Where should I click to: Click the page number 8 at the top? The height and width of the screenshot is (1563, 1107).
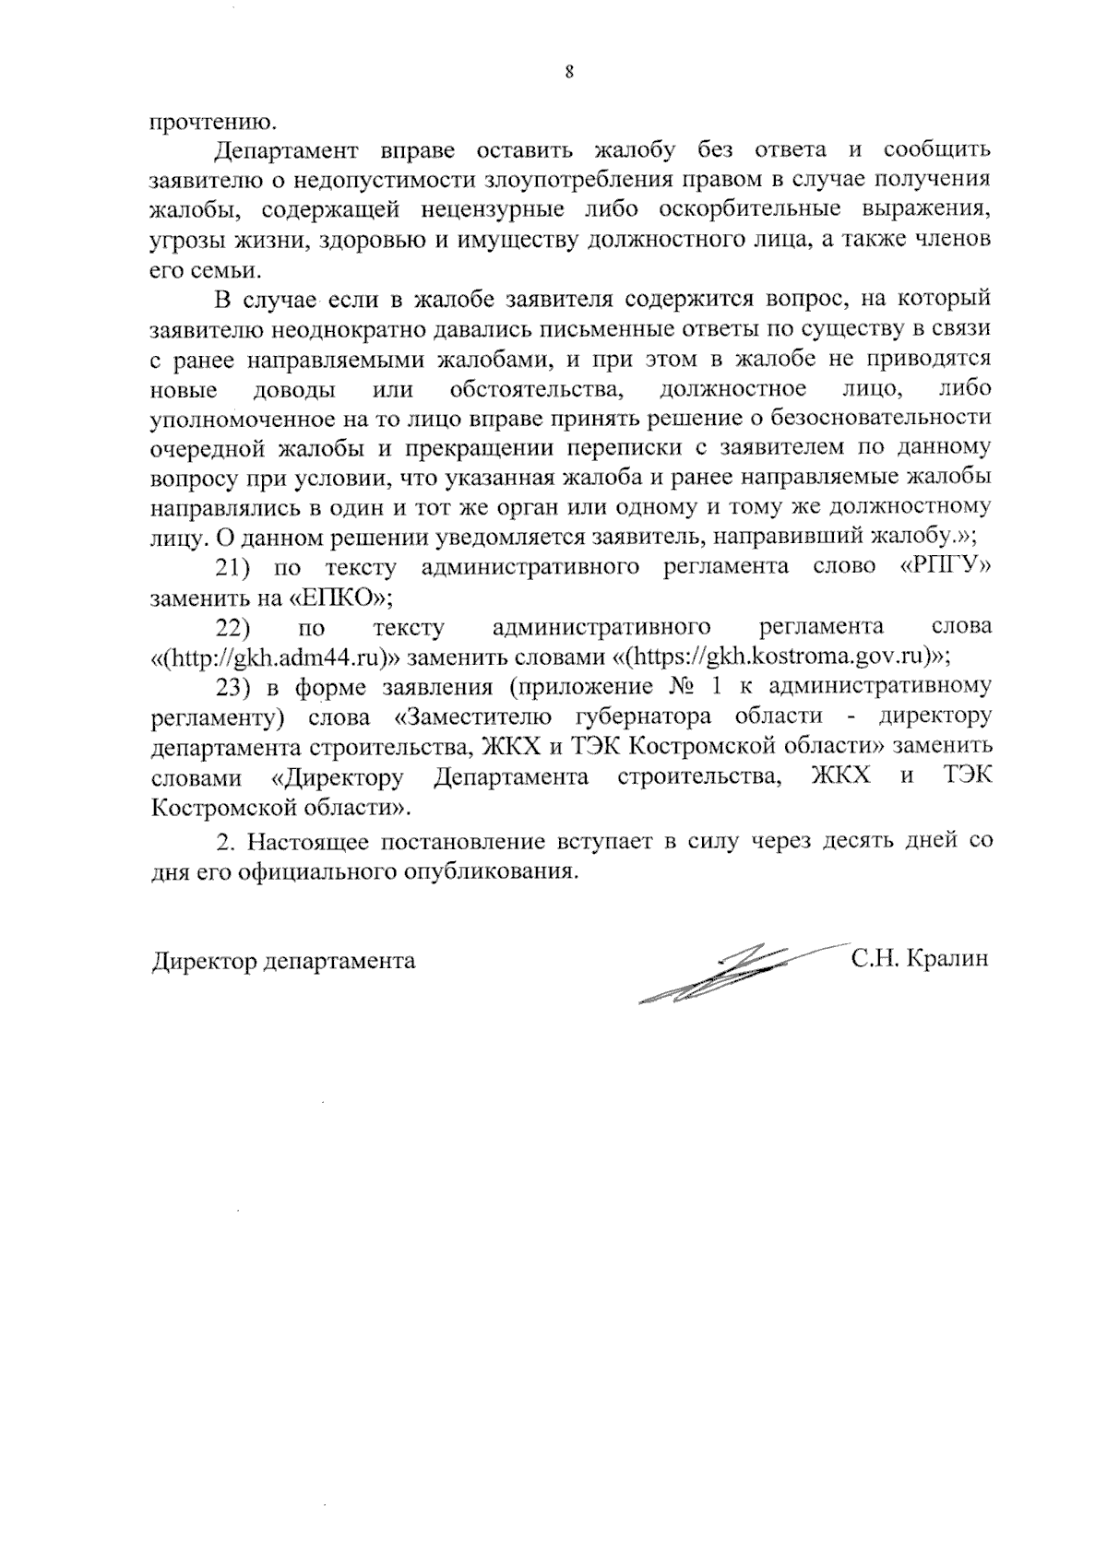pyautogui.click(x=569, y=74)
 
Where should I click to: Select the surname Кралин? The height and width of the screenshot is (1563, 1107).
pyautogui.click(x=947, y=959)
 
